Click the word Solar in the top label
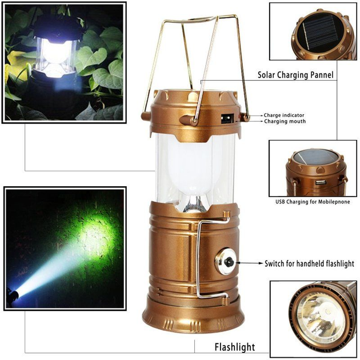click(x=266, y=75)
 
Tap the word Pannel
click(x=322, y=75)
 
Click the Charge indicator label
click(x=284, y=115)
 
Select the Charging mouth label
click(x=285, y=121)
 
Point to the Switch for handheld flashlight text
click(x=309, y=263)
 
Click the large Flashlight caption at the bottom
click(x=235, y=347)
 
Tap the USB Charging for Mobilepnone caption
click(x=313, y=202)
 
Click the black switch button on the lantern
click(x=229, y=262)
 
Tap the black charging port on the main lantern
click(x=227, y=119)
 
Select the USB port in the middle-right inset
click(x=321, y=182)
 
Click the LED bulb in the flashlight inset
click(x=327, y=312)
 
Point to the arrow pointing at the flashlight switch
click(x=249, y=263)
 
